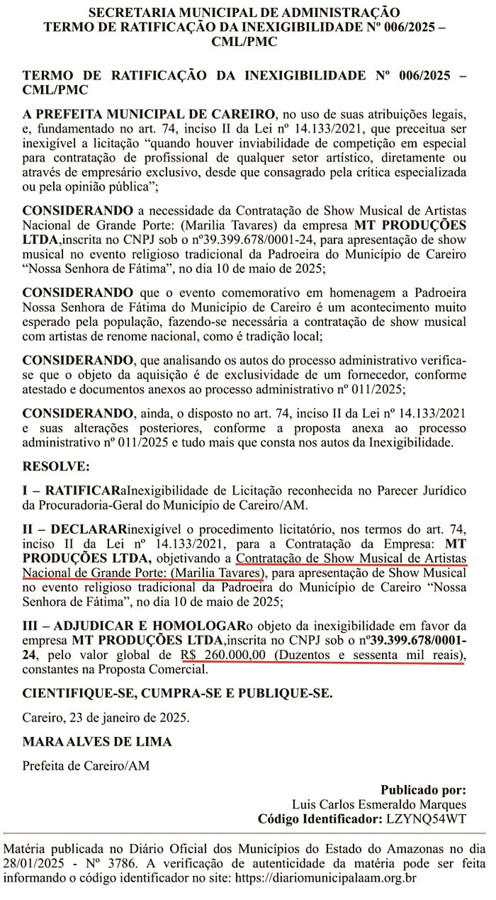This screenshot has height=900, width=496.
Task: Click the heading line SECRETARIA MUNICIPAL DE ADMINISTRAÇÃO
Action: (244, 12)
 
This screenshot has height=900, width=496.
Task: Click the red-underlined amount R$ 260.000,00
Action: (225, 656)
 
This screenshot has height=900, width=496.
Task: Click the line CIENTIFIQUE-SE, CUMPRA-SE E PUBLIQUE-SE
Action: (177, 693)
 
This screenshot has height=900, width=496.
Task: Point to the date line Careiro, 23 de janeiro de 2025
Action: (106, 717)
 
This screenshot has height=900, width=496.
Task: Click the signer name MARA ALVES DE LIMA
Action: (97, 742)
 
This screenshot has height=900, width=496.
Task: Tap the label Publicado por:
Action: (423, 789)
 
